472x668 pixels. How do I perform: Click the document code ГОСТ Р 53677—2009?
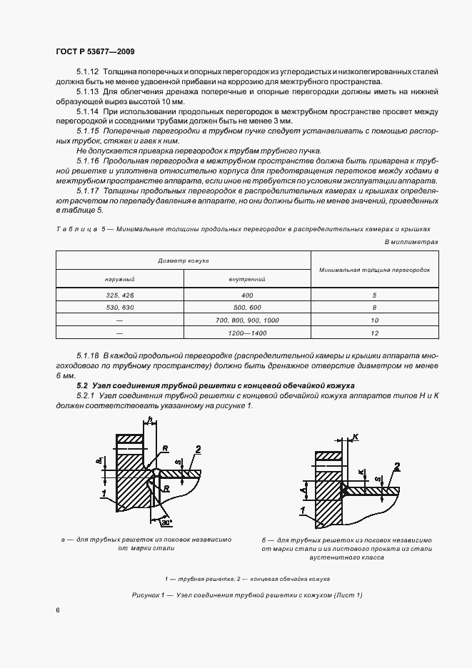click(95, 52)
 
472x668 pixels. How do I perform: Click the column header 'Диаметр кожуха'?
click(184, 261)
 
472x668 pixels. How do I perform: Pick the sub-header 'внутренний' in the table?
click(247, 279)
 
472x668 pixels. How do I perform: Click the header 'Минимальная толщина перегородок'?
click(375, 270)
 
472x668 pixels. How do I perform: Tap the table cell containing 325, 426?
click(119, 295)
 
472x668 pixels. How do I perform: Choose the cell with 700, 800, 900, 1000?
click(247, 320)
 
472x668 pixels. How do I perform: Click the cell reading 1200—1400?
click(247, 333)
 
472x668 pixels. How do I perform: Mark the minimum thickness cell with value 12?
click(375, 333)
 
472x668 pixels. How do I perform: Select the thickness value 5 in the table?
click(375, 295)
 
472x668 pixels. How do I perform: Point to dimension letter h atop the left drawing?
click(150, 420)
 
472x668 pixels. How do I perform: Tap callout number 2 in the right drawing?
click(397, 466)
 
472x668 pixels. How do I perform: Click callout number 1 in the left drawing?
click(104, 493)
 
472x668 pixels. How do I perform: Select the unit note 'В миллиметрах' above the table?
click(411, 243)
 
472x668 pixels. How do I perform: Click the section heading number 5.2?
click(64, 385)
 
